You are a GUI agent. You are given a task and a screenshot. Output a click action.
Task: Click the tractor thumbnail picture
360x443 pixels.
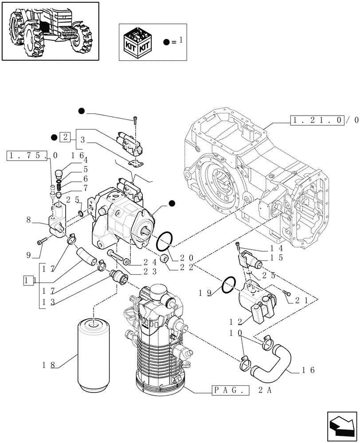click(50, 31)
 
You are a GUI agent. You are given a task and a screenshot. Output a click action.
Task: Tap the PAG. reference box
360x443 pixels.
click(230, 391)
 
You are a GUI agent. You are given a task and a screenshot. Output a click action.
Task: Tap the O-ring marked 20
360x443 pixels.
click(165, 241)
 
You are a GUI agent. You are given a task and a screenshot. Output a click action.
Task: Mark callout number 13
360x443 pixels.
click(48, 302)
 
